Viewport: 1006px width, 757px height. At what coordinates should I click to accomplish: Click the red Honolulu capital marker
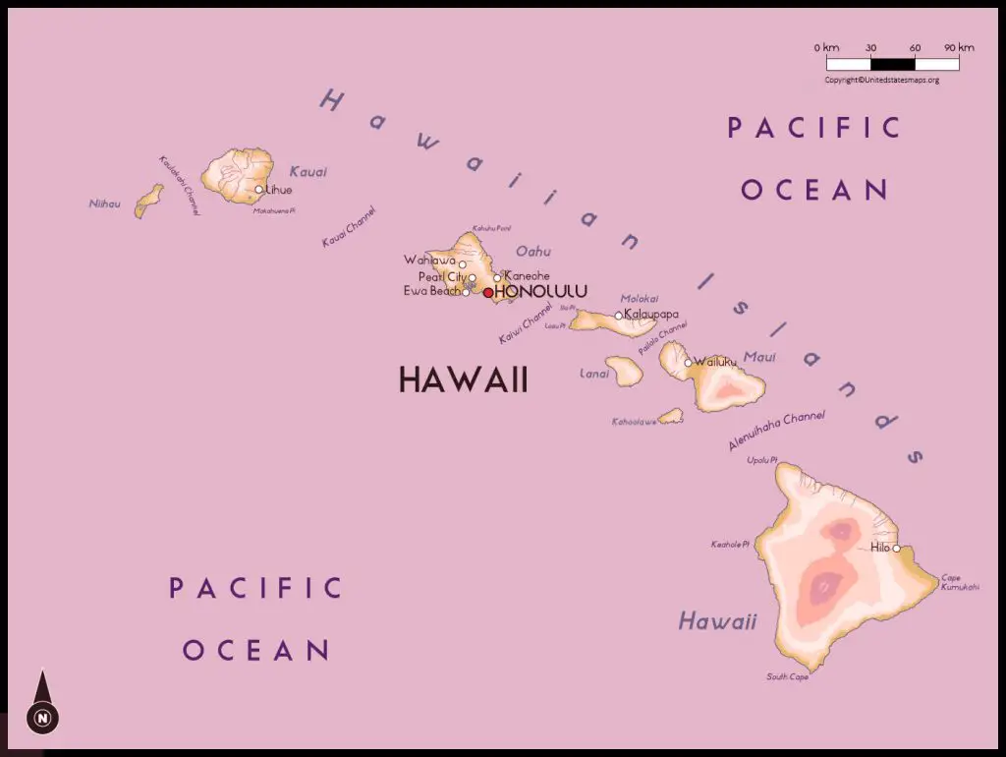488,292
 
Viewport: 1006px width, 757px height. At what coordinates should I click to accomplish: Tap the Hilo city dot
896,549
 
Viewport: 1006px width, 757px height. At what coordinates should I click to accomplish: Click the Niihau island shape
149,201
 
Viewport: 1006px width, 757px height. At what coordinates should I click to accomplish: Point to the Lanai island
624,371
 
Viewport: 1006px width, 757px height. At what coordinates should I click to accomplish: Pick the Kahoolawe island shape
671,417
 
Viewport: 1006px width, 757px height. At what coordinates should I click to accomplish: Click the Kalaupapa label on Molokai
651,315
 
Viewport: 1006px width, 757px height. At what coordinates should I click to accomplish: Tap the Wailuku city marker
688,363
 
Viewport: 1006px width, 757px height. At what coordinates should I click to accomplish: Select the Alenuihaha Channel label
776,431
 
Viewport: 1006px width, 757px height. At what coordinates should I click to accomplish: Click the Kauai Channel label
349,227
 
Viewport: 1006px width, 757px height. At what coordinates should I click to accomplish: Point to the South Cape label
788,676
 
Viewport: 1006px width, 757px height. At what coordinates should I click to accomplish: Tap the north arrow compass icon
42,703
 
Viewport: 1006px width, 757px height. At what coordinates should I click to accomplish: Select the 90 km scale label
959,48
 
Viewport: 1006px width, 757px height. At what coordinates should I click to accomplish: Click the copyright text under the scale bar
881,80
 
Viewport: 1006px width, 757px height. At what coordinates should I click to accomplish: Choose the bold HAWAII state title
463,379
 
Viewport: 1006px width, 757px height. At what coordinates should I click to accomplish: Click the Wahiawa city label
429,261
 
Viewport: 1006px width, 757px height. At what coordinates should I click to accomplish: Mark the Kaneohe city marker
497,277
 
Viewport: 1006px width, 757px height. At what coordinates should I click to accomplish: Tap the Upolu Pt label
761,460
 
